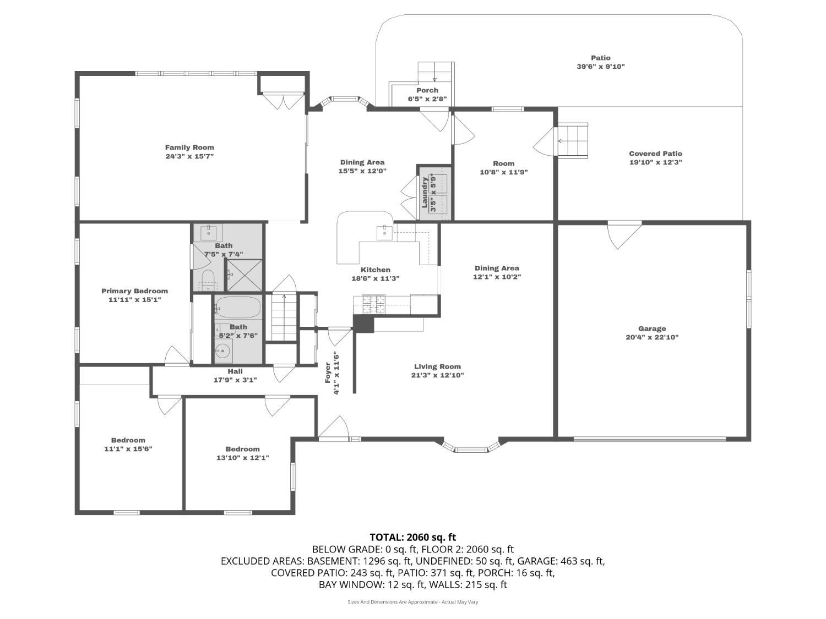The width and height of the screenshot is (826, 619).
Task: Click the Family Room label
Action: pos(189,147)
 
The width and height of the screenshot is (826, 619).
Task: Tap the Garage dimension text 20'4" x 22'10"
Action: pos(652,337)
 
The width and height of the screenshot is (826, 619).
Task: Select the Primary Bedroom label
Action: pos(134,291)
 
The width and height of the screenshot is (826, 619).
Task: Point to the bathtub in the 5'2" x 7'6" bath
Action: pos(237,308)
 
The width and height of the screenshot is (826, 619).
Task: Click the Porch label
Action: pos(427,90)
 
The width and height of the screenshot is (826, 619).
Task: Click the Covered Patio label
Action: pos(655,154)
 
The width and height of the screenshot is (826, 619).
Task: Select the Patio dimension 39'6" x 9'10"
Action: pos(600,67)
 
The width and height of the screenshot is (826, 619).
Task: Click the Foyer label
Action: pos(328,373)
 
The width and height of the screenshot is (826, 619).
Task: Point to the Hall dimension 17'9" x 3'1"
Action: pos(235,380)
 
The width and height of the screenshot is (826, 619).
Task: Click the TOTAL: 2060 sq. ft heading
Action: pos(412,537)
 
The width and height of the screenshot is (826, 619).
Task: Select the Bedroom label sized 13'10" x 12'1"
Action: pos(242,449)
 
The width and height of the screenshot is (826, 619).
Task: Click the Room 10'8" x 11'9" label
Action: pos(503,163)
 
